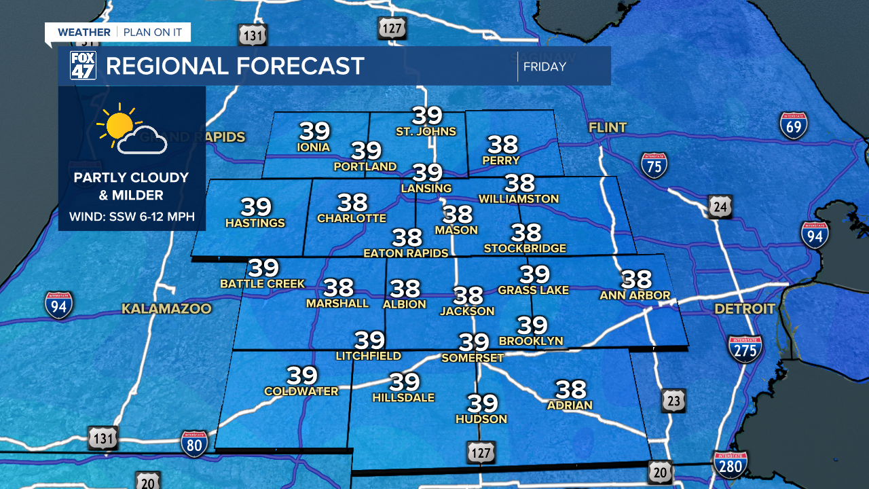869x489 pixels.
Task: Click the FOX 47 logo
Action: pos(83,66)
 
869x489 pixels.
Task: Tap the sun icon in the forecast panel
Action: pos(119,125)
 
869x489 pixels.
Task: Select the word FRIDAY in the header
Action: pos(544,67)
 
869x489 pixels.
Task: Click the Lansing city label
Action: pos(426,188)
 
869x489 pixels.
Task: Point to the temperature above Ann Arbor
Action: pos(636,280)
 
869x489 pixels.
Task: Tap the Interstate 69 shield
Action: pos(793,126)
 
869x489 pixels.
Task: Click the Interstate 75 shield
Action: pos(654,165)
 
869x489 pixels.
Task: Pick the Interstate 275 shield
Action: pos(745,348)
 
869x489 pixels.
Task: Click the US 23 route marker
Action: pos(673,401)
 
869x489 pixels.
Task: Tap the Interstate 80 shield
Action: pos(194,443)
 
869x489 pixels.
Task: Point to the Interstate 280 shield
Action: pos(730,465)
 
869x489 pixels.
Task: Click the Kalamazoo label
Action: pos(166,309)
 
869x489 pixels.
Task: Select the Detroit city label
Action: pos(745,309)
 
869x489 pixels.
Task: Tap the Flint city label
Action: pos(608,128)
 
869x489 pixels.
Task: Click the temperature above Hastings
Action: pos(255,206)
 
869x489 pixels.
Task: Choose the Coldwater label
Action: pos(301,391)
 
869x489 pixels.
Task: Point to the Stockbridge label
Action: pos(525,249)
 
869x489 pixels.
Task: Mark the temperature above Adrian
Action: pos(570,389)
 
